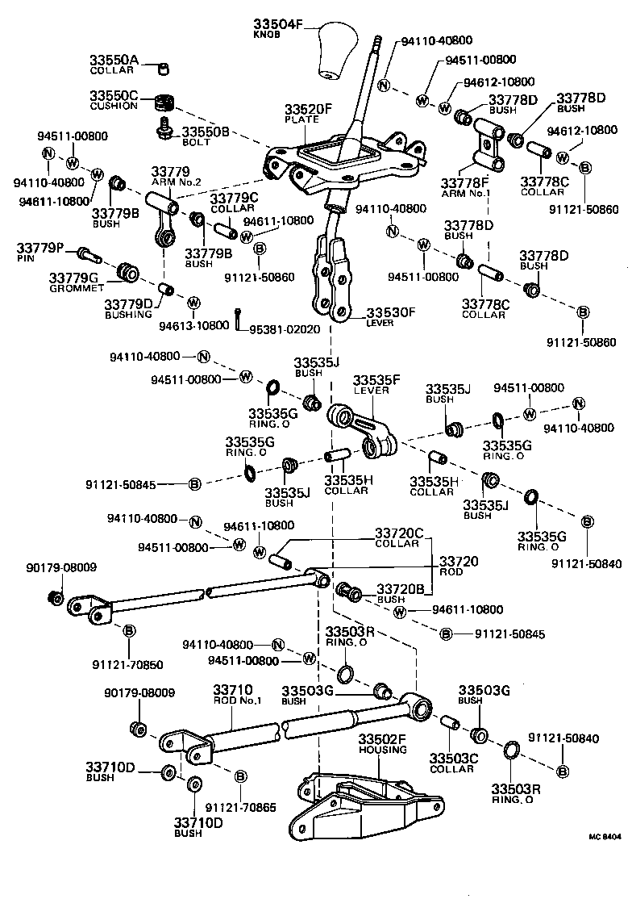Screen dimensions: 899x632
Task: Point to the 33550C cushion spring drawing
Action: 166,104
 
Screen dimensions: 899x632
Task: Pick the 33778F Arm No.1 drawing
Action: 488,145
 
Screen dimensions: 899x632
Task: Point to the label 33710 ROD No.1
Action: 237,695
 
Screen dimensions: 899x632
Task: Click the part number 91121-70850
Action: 127,666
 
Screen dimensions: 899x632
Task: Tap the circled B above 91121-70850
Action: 128,630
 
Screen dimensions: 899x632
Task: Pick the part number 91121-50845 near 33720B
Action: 510,634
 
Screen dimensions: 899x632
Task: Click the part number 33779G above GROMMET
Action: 77,278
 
